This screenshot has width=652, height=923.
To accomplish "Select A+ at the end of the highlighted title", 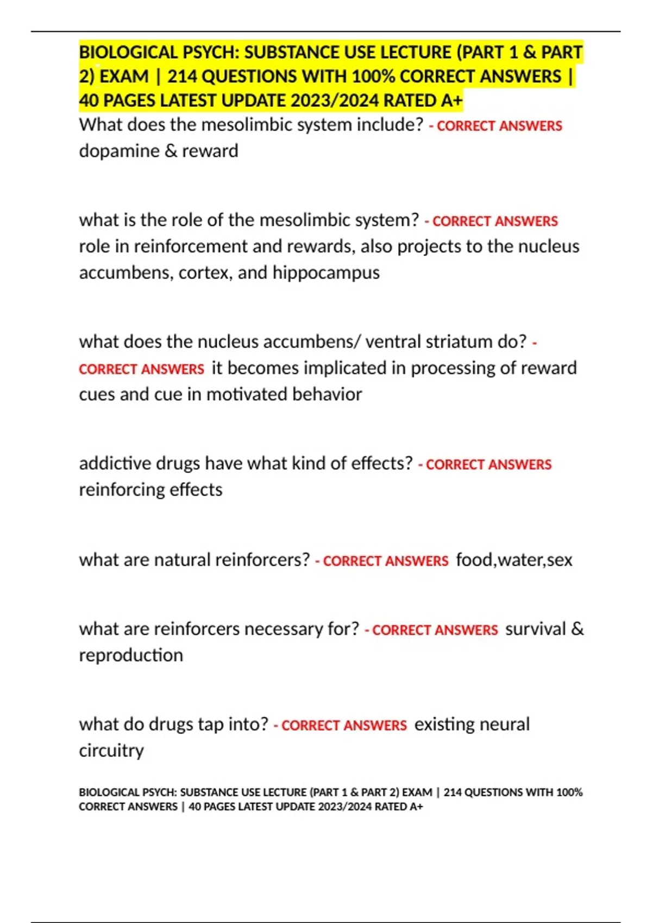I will click(x=452, y=101).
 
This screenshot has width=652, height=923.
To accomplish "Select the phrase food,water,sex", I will click(x=514, y=560).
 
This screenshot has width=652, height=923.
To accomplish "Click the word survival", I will click(x=536, y=629).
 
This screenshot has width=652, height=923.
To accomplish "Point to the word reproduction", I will click(x=131, y=655).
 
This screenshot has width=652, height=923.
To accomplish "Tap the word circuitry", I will click(x=111, y=751).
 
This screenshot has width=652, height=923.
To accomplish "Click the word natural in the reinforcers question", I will click(x=182, y=560).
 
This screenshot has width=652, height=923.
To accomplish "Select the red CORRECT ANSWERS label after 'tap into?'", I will click(x=343, y=726).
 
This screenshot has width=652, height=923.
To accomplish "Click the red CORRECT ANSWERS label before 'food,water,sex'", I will click(x=385, y=561).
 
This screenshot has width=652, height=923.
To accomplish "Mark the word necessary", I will click(x=283, y=629).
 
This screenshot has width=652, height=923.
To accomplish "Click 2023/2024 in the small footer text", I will click(x=344, y=807).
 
